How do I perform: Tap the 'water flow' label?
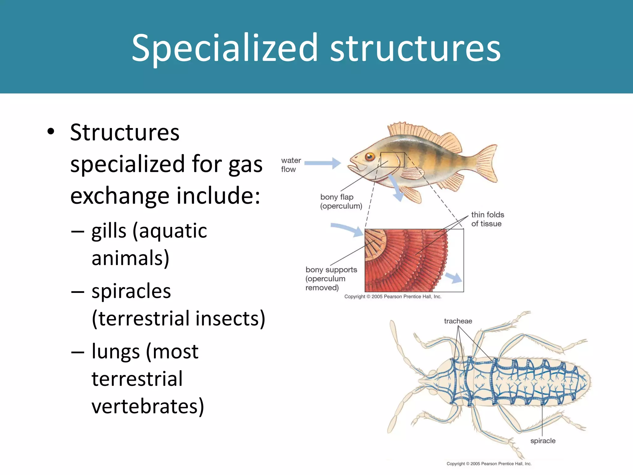[x=291, y=165]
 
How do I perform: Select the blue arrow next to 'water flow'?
[x=323, y=163]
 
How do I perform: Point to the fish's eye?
[x=370, y=156]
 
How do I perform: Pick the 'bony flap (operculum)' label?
[x=341, y=201]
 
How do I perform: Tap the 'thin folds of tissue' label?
[x=487, y=219]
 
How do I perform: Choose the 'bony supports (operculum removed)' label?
[x=331, y=278]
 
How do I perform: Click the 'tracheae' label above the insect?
[x=458, y=321]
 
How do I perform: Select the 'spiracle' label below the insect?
[x=543, y=441]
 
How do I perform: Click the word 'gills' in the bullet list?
[x=109, y=231]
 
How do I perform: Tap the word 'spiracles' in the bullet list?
[x=131, y=291]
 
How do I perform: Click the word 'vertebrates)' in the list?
[x=148, y=406]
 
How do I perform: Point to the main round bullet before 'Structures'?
[x=51, y=132]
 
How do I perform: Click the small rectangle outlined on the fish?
[x=392, y=160]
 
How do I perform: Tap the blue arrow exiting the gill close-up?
[x=454, y=277]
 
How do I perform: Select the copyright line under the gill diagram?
[x=393, y=297]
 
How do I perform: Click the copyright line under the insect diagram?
[x=489, y=464]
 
